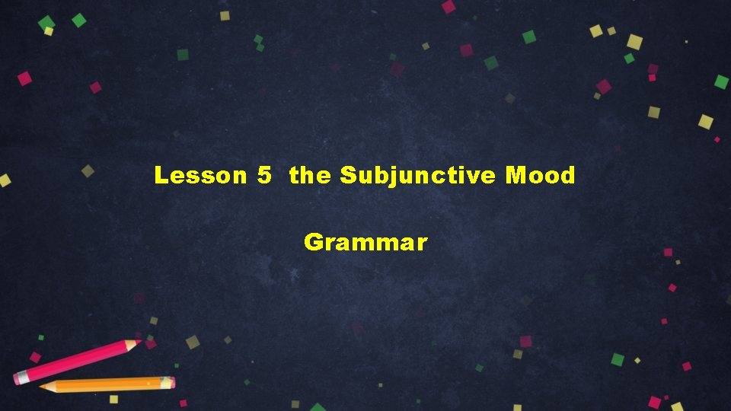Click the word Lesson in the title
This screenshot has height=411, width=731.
200,176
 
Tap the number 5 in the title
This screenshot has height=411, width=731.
264,176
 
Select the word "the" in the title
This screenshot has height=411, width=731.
310,176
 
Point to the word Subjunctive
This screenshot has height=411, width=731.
417,177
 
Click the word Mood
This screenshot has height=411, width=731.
540,176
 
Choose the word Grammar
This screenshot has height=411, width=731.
365,243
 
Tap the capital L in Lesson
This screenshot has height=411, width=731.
160,176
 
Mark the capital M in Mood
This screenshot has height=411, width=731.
516,176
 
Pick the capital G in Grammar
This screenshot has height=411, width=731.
313,243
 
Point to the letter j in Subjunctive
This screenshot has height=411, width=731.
394,177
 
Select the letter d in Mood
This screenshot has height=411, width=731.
567,176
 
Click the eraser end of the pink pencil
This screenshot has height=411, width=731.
20,377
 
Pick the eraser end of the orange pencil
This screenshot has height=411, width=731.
170,382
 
